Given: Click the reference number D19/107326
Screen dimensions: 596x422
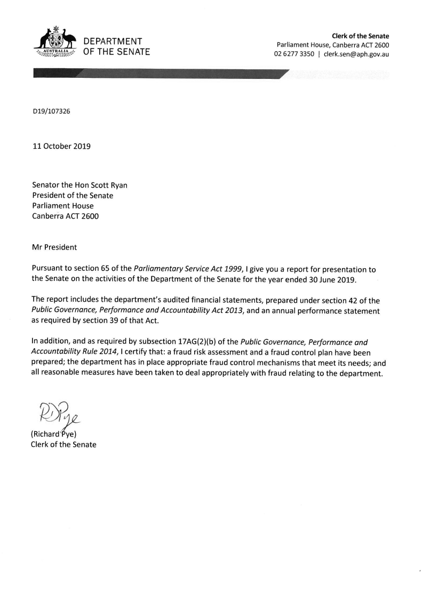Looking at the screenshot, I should [x=52, y=112].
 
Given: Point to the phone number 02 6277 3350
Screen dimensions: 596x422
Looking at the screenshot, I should [x=293, y=54].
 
